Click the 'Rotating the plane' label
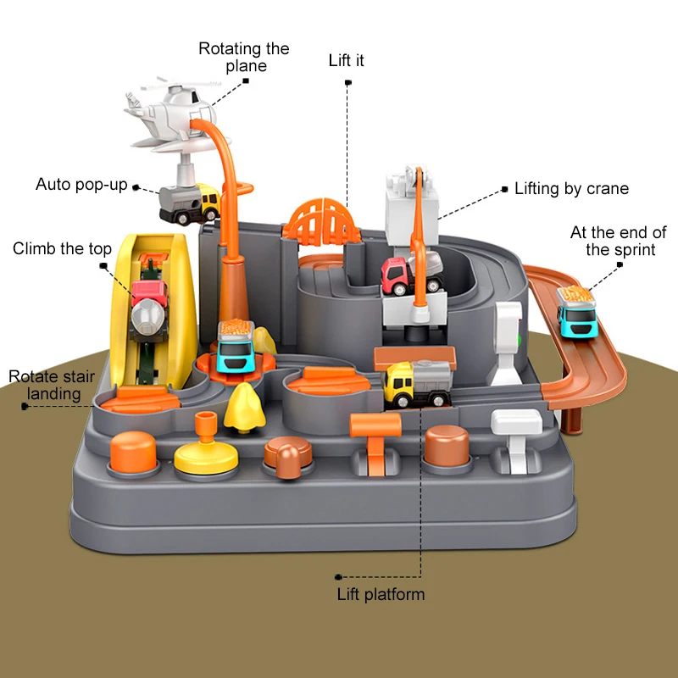(243, 57)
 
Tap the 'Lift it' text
(346, 61)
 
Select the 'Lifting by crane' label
(571, 188)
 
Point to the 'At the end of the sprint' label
(618, 241)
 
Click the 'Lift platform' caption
(381, 594)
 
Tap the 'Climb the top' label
(62, 248)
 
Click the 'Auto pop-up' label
(81, 184)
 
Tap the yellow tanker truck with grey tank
(417, 383)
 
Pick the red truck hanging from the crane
(410, 273)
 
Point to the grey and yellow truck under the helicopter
(189, 203)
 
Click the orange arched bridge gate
(320, 217)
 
